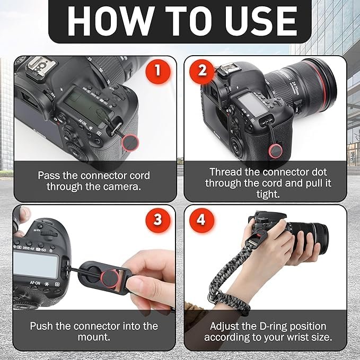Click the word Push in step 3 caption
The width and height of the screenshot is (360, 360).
pyautogui.click(x=42, y=326)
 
